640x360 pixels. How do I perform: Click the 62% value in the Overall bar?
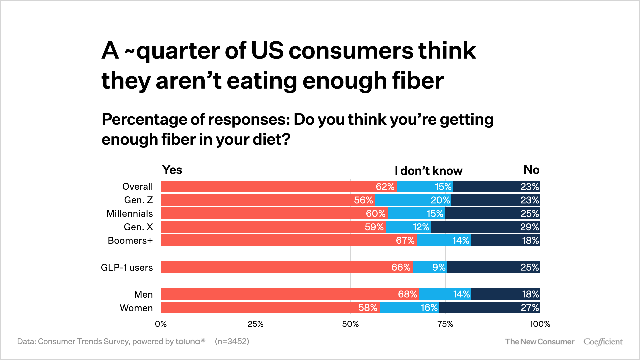click(385, 187)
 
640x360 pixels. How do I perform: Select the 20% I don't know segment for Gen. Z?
click(440, 200)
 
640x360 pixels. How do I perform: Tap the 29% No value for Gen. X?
click(529, 227)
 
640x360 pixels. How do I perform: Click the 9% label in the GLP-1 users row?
click(439, 267)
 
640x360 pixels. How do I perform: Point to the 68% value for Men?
click(407, 294)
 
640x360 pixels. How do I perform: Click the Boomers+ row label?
click(130, 240)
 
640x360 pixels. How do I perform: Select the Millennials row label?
click(129, 214)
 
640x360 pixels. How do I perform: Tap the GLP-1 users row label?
click(127, 267)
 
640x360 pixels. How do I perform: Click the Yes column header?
click(172, 170)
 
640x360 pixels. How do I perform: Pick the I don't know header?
click(428, 171)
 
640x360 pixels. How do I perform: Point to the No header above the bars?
click(531, 170)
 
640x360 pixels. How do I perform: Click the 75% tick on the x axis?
click(445, 324)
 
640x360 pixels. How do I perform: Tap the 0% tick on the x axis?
click(161, 324)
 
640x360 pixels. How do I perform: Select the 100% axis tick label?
click(540, 324)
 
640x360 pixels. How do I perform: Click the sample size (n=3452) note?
click(232, 341)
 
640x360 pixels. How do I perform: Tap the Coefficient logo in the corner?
click(603, 342)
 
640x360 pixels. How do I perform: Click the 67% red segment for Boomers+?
click(288, 240)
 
